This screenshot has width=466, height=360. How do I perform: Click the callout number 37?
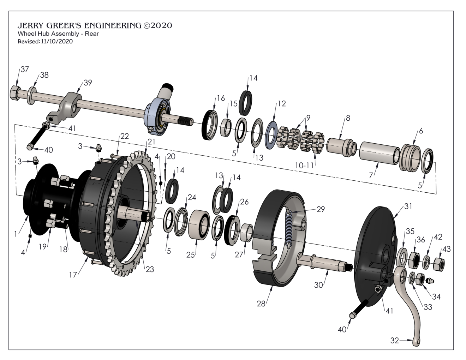(25, 69)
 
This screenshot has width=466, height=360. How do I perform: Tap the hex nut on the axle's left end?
(15, 93)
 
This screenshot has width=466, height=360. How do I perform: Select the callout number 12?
(282, 103)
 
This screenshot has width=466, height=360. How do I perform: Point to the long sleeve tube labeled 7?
(379, 153)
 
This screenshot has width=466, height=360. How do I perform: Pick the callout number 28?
(261, 304)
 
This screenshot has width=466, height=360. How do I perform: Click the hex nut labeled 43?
(439, 265)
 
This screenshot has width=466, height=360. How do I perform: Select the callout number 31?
(408, 206)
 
